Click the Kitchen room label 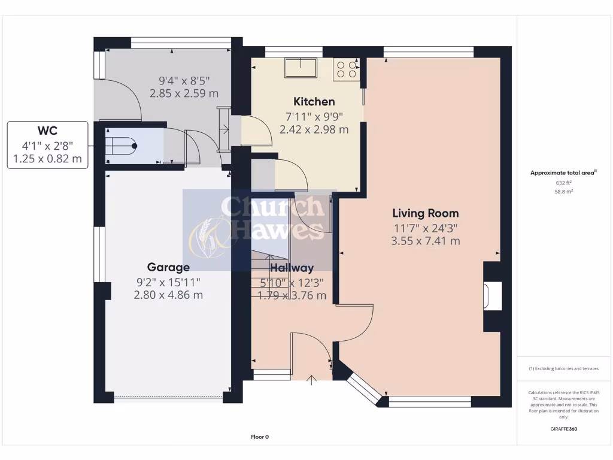[314, 101]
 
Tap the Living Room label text [425, 213]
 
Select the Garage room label [168, 267]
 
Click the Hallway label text [292, 268]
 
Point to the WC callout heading [47, 131]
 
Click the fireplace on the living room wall [492, 296]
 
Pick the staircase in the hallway [269, 264]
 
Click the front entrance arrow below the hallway [311, 379]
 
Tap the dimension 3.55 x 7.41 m [425, 241]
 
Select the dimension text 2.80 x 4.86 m [168, 295]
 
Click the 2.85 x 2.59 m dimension [184, 93]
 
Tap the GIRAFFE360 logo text [563, 429]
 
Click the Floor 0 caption [260, 437]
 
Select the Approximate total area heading [563, 173]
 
